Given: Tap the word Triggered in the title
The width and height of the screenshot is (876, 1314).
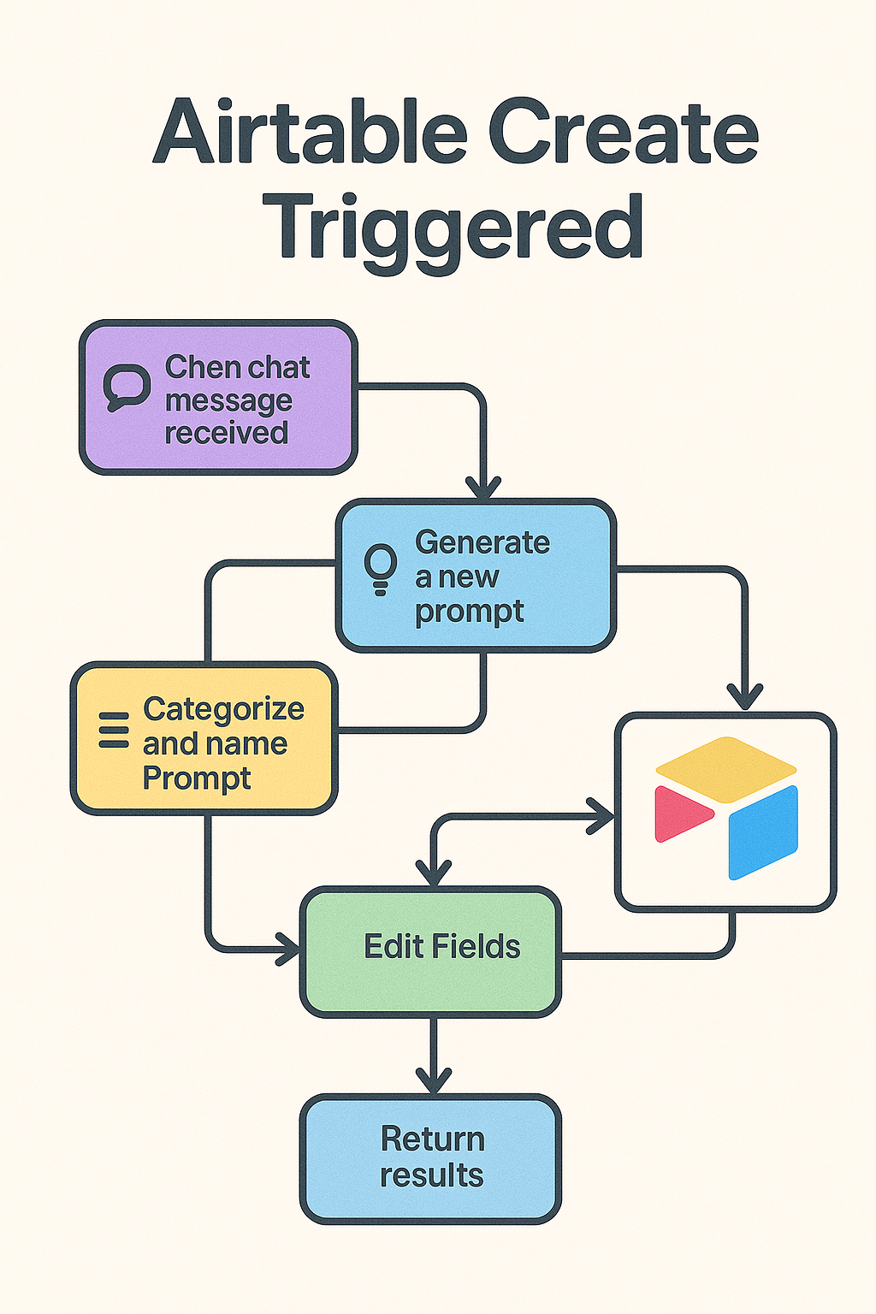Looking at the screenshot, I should click(x=458, y=227).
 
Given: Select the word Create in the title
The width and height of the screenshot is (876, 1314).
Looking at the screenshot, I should click(x=624, y=133).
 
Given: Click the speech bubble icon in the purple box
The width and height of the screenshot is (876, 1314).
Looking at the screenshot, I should click(x=127, y=388).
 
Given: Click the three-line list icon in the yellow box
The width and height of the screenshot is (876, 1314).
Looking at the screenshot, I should click(x=113, y=730).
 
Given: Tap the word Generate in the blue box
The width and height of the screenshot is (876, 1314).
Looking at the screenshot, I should click(x=482, y=542).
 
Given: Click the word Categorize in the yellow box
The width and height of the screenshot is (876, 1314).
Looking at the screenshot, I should click(x=223, y=709).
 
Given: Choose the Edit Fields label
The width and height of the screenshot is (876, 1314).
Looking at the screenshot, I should click(x=441, y=947).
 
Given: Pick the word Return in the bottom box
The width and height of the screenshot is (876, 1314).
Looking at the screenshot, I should click(x=432, y=1139).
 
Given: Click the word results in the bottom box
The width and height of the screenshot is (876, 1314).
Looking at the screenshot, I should click(x=432, y=1175).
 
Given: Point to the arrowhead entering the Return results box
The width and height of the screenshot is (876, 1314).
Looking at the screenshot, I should click(x=434, y=1080).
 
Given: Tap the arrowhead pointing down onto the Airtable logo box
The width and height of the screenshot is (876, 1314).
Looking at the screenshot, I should click(x=746, y=697).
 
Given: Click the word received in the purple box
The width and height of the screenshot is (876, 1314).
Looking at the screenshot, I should click(x=226, y=433).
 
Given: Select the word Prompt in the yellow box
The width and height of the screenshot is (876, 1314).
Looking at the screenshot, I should click(x=197, y=779).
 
